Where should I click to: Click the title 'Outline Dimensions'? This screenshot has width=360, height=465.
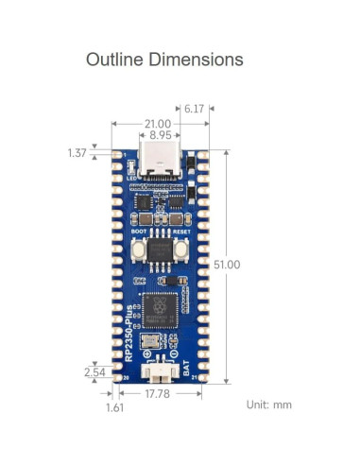point(164,60)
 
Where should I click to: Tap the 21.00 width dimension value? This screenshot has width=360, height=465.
point(157,124)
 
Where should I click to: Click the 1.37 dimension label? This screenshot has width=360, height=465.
point(78,152)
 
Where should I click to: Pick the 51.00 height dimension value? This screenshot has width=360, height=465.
point(227,265)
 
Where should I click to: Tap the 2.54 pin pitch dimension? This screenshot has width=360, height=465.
point(95,372)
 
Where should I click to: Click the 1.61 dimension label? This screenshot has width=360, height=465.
point(114,408)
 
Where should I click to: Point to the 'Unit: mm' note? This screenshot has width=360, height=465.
point(268,405)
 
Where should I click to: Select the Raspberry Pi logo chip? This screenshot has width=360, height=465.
point(158,313)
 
